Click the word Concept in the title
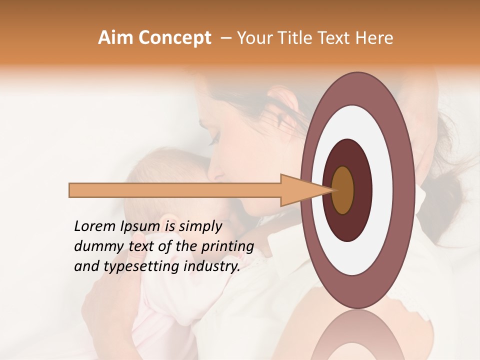pos(174,38)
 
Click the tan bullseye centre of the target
pos(343,190)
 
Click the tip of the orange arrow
pos(331,190)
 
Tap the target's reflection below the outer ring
pos(358,335)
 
